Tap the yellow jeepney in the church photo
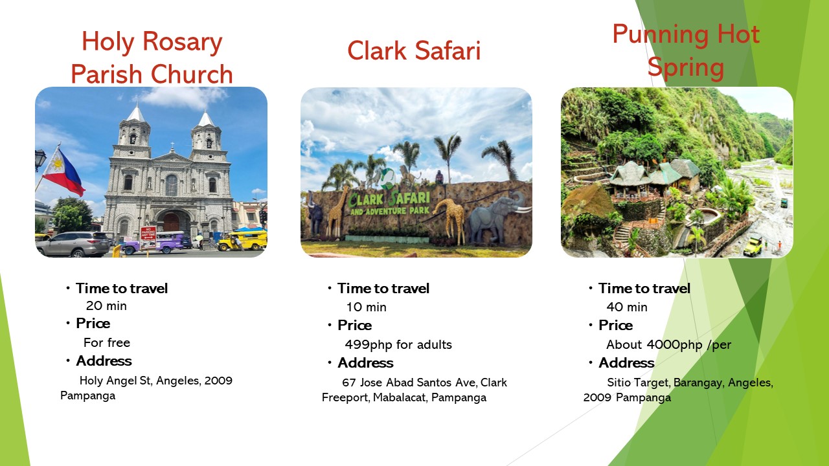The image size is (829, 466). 242,239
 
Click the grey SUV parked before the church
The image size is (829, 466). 73,244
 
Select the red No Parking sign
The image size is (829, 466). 148,238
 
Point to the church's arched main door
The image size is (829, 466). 172,222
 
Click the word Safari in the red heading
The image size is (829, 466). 448,50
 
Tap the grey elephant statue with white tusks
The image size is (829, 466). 497,219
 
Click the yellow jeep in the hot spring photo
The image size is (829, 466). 753,247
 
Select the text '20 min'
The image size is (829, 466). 106,306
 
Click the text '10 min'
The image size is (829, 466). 366,307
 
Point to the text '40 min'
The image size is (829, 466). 627,307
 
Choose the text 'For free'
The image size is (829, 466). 107,342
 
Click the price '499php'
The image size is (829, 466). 369,345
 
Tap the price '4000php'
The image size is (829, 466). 674,345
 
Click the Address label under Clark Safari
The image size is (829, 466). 365,363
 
